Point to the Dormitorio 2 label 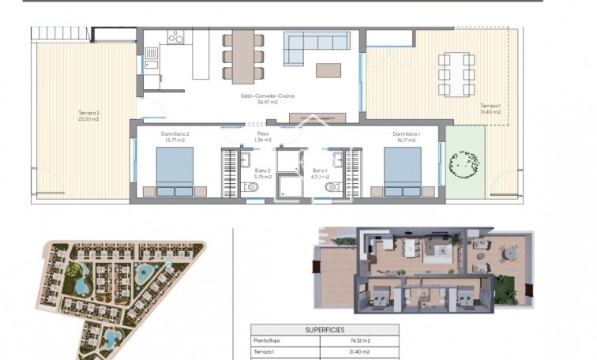coord(175,134)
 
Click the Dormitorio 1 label coord(406,134)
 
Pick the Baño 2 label coord(264,173)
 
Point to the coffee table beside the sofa coord(329,70)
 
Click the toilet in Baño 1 coord(331,187)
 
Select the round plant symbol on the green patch coord(464,164)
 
